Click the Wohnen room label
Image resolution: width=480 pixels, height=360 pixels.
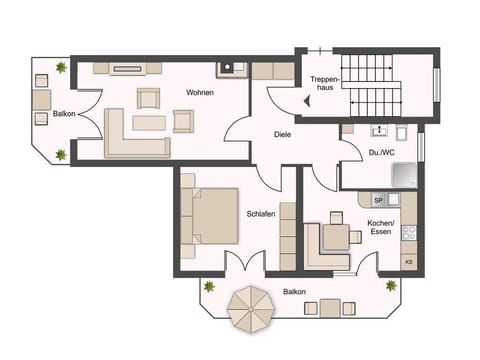[x=200, y=93]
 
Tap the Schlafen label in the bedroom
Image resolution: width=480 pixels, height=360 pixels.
[x=261, y=214]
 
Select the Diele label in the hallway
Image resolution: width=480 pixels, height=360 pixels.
[x=283, y=134]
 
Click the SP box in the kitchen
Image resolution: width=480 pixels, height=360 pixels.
[x=378, y=200]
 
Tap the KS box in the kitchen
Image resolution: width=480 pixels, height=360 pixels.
[x=408, y=262]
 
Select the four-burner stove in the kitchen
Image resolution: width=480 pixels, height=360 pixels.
[x=408, y=233]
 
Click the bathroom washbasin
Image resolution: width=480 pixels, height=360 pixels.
[x=378, y=130]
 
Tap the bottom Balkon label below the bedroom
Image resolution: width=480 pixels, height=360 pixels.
[x=294, y=292]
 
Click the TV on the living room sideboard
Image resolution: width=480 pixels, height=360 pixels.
[x=127, y=70]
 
